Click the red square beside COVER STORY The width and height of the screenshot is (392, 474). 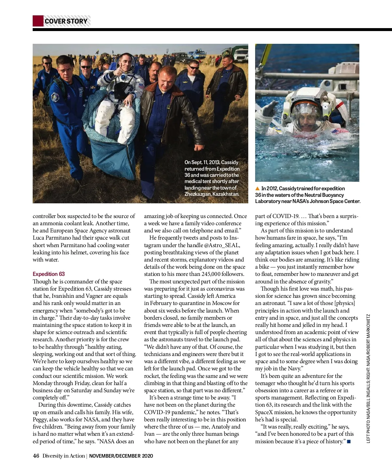coord(38,21)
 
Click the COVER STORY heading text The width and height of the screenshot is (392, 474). coord(66,21)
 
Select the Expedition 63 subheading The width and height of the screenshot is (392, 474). coord(49,274)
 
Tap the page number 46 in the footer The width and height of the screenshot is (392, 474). coord(36,456)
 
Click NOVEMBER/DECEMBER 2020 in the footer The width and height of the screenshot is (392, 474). coord(121,456)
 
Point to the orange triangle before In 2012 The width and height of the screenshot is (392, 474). coord(257,189)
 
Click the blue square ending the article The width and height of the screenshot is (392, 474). coord(349,442)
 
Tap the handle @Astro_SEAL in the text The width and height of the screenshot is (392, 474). coord(222,245)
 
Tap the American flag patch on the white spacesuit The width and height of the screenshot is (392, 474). coord(141,86)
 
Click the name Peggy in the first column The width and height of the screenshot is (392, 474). coord(40,420)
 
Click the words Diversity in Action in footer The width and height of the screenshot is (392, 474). coord(64,456)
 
